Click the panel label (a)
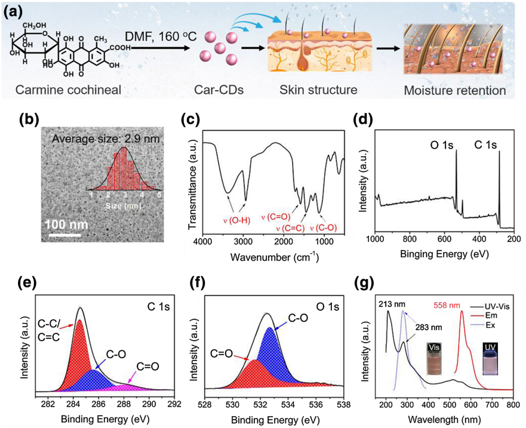[14, 11]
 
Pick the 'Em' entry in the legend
[493, 316]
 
